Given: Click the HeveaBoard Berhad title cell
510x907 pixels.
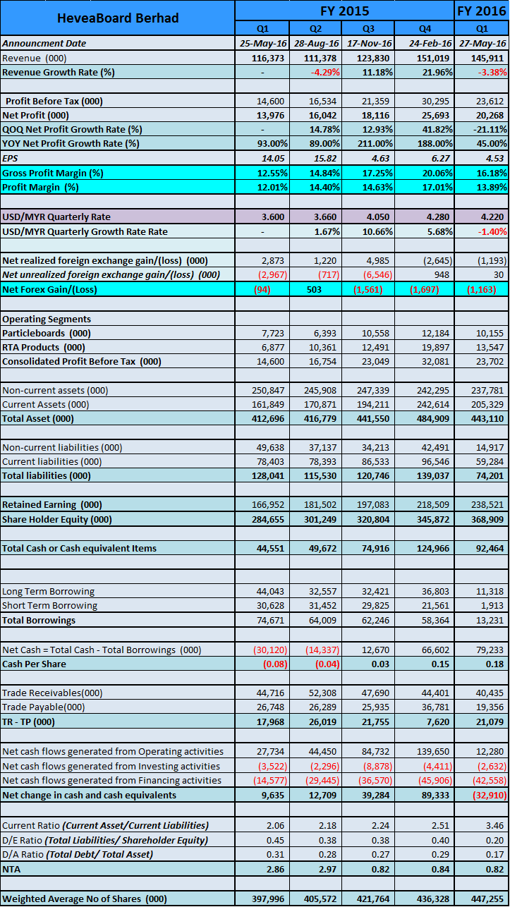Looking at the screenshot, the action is (x=118, y=18).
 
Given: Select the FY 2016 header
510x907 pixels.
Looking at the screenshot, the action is (x=482, y=11).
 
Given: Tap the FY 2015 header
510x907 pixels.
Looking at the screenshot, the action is (x=344, y=11).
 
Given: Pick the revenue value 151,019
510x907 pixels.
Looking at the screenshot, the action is (x=432, y=58).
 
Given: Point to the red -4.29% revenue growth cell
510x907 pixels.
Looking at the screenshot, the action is (x=325, y=73).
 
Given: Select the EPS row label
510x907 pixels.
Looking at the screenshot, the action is (x=10, y=158).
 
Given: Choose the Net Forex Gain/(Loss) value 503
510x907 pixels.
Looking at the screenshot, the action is (x=314, y=289).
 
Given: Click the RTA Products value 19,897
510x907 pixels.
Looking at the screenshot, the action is (x=435, y=348).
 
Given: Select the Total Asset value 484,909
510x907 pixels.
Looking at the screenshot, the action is (x=432, y=419).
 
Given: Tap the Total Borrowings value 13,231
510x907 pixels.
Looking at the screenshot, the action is (x=490, y=621).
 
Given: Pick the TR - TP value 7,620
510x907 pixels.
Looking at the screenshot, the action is (x=438, y=722).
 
